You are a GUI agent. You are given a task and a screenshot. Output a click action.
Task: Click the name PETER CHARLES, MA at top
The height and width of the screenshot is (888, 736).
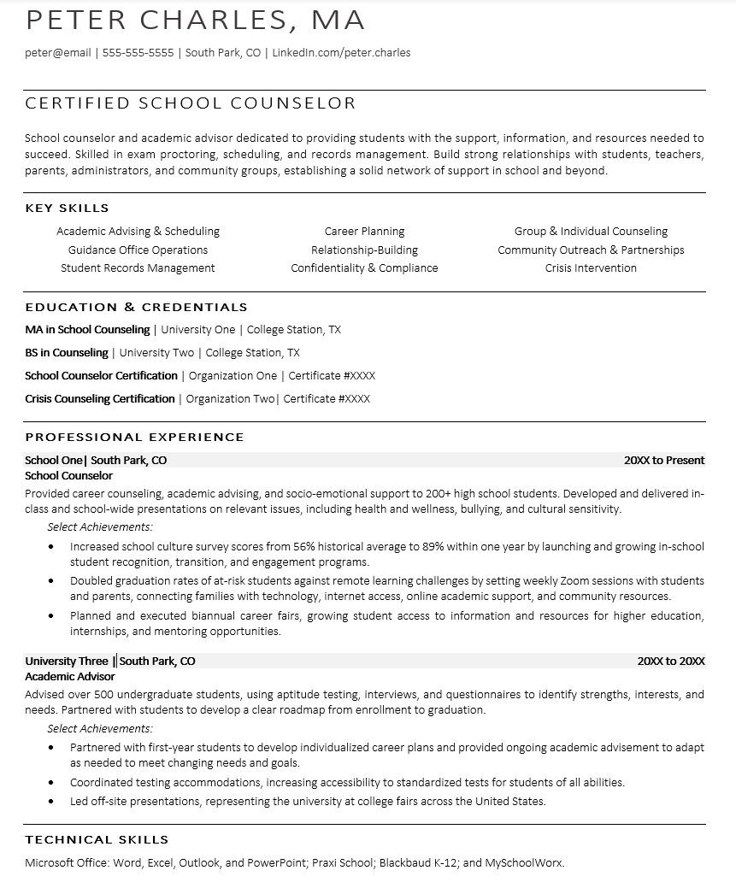coord(196,20)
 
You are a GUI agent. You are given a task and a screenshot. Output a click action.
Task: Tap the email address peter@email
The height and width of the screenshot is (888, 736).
coord(58,53)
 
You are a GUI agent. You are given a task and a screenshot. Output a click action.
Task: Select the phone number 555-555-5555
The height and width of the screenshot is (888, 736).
coord(138,53)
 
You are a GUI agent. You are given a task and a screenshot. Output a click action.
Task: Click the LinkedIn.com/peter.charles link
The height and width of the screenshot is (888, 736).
coord(342,53)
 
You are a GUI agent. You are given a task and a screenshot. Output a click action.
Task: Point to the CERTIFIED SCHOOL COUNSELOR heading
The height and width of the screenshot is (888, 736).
coord(191,103)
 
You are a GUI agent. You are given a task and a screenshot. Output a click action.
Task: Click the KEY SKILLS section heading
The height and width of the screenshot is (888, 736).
coord(68,208)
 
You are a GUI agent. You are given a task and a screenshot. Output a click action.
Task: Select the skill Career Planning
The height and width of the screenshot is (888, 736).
coord(364,231)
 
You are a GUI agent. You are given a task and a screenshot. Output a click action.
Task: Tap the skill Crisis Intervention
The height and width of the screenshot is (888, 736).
coord(591,268)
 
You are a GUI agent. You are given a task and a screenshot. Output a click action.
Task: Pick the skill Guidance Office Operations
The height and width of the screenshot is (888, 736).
coord(138,250)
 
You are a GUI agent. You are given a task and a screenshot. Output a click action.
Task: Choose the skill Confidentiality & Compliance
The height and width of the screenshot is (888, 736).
coord(364,268)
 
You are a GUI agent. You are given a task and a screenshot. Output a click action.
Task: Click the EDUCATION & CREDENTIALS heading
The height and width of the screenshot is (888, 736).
coord(137,307)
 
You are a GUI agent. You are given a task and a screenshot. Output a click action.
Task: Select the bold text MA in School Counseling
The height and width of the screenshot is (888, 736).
coord(87,329)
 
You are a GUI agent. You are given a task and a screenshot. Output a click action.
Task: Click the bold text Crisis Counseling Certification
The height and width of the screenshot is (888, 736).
coord(100,398)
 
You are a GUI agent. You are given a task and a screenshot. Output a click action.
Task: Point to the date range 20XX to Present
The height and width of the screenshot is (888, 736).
coord(664,460)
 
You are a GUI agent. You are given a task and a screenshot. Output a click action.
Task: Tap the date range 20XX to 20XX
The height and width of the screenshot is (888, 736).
coord(671,661)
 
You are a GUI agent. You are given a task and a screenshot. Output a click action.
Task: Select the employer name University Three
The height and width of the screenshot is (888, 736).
coord(67,661)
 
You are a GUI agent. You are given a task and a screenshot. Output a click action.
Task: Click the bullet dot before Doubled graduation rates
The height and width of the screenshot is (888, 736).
coord(52,581)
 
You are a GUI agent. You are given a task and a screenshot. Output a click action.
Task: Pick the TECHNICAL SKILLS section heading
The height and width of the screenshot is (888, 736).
coord(97,839)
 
